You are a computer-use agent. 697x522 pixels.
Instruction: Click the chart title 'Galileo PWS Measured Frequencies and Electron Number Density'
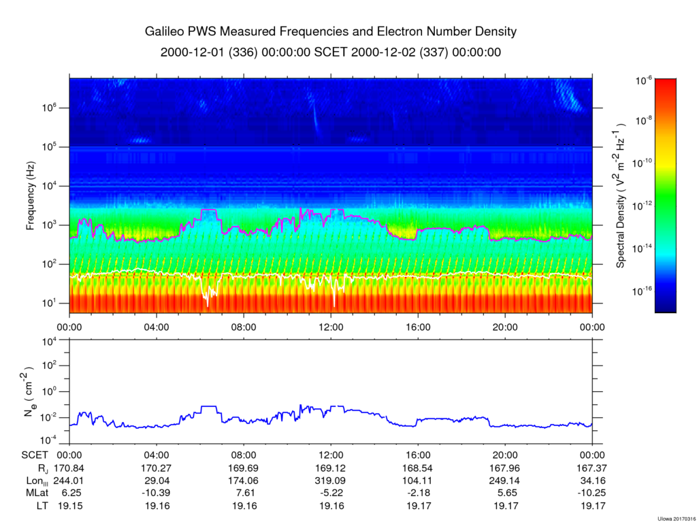point(331,31)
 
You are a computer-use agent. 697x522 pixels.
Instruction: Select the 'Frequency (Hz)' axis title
point(30,195)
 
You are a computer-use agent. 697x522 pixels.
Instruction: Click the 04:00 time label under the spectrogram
point(157,327)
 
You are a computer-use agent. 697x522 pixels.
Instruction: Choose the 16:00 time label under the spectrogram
point(419,327)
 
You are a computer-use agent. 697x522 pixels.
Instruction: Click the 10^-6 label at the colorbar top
point(644,80)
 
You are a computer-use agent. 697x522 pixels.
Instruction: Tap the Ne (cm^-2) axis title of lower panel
point(29,392)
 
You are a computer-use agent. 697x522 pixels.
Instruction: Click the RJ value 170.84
point(69,468)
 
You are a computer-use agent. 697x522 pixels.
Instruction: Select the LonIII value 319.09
point(331,480)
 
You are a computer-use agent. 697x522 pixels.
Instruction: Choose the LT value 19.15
point(69,506)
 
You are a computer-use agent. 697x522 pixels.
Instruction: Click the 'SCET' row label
point(35,455)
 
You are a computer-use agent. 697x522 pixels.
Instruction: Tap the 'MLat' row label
point(37,493)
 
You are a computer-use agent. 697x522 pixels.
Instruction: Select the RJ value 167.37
point(591,468)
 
